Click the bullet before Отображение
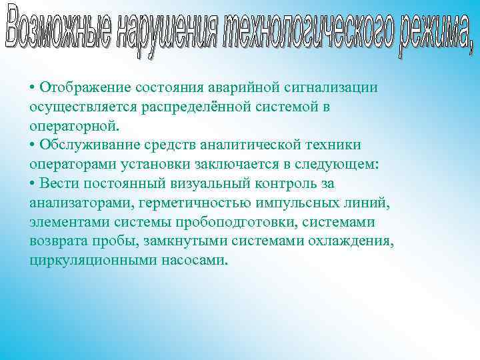tap(33, 87)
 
